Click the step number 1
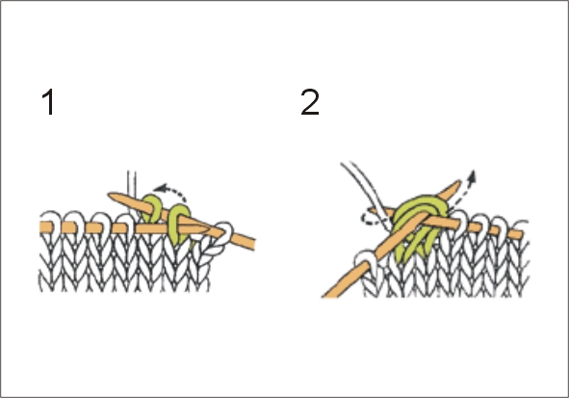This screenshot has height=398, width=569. (49, 102)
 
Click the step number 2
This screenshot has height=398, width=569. (310, 102)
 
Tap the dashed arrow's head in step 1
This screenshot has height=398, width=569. (159, 189)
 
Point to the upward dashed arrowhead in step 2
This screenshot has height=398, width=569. (472, 176)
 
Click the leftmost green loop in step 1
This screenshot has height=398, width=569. (152, 208)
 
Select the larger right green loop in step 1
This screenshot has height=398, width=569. (180, 224)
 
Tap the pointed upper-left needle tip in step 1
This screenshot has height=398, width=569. (111, 196)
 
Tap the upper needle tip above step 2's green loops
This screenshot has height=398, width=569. (458, 184)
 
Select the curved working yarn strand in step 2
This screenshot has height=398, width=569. (367, 193)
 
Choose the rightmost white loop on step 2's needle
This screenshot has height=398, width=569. (520, 227)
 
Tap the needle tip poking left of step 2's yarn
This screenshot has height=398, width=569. (372, 211)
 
